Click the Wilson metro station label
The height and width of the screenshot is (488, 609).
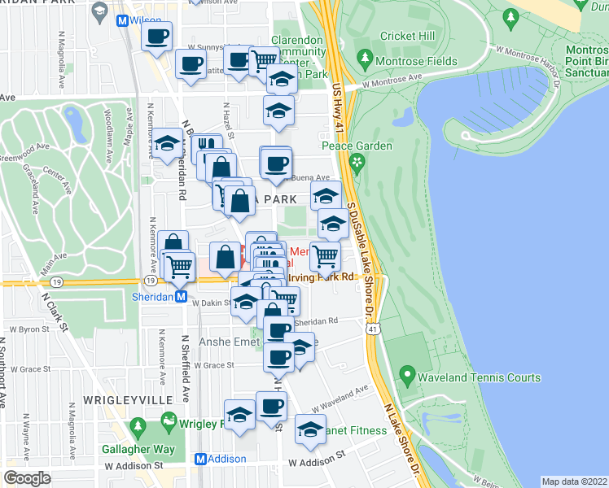(x=147, y=19)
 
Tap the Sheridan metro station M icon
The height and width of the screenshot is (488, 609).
(x=182, y=297)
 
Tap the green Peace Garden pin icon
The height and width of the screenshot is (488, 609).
(x=356, y=163)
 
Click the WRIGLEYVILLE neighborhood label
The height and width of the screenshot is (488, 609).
(x=121, y=400)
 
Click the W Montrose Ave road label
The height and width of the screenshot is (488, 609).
(x=394, y=81)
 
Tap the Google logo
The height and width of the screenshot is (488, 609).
(x=28, y=478)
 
